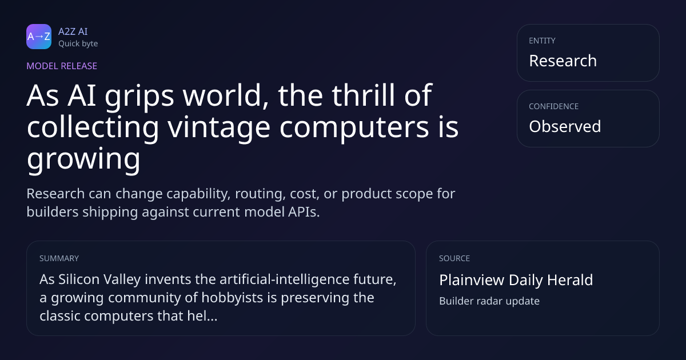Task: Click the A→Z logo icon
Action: [x=39, y=37]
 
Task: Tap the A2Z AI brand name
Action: [x=73, y=31]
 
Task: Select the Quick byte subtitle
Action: [x=78, y=44]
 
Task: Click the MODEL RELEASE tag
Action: [x=62, y=66]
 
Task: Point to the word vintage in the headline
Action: [x=218, y=128]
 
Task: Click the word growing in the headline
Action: [x=83, y=159]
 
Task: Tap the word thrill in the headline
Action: [x=364, y=95]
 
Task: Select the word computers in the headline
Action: [x=354, y=128]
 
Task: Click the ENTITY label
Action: [x=542, y=41]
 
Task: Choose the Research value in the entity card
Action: [x=563, y=61]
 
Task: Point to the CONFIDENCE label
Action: [x=554, y=106]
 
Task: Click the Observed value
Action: [x=565, y=126]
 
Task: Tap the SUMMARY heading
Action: [x=59, y=258]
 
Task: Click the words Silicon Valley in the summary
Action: [x=99, y=279]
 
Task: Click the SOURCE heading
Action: [x=454, y=258]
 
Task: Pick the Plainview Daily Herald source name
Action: [x=516, y=280]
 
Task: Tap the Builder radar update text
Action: [x=489, y=301]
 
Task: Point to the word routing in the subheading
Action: [x=260, y=194]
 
